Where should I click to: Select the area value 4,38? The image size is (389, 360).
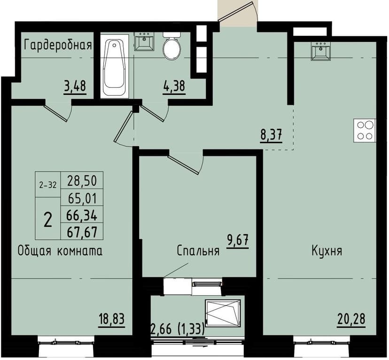coord(174,87)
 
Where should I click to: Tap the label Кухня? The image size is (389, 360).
coord(327,250)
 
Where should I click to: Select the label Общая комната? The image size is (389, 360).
coord(60,250)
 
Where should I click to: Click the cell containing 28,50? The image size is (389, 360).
coord(82,180)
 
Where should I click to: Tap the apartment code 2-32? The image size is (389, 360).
coord(48,185)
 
